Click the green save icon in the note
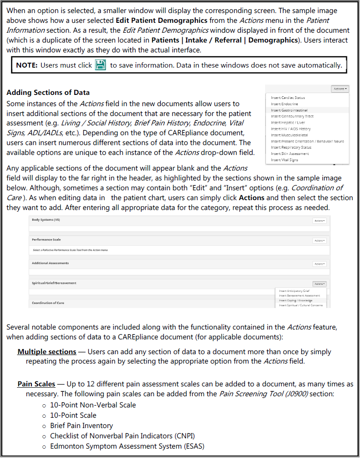click(101, 65)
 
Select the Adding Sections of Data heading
click(48, 93)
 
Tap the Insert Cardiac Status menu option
click(288, 98)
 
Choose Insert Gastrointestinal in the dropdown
click(289, 110)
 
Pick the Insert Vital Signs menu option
click(284, 160)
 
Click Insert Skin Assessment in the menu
click(290, 154)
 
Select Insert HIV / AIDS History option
click(291, 128)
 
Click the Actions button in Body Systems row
click(319, 221)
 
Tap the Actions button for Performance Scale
click(319, 240)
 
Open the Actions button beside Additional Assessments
click(319, 264)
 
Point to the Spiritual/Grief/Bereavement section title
click(54, 283)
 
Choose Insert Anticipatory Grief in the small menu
click(294, 291)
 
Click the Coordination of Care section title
click(48, 303)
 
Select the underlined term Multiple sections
click(47, 352)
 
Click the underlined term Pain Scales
click(36, 384)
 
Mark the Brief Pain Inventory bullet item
click(81, 425)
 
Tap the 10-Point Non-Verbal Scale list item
click(93, 405)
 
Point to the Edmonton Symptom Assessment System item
click(127, 446)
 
